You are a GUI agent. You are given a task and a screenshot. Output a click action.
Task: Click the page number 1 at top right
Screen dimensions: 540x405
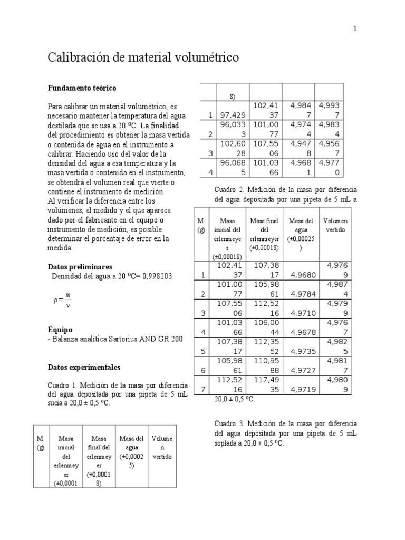click(355, 30)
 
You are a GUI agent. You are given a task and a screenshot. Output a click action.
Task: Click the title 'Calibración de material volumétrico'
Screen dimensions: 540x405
click(143, 57)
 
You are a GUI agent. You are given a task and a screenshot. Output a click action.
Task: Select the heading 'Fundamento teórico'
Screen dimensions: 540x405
click(82, 88)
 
